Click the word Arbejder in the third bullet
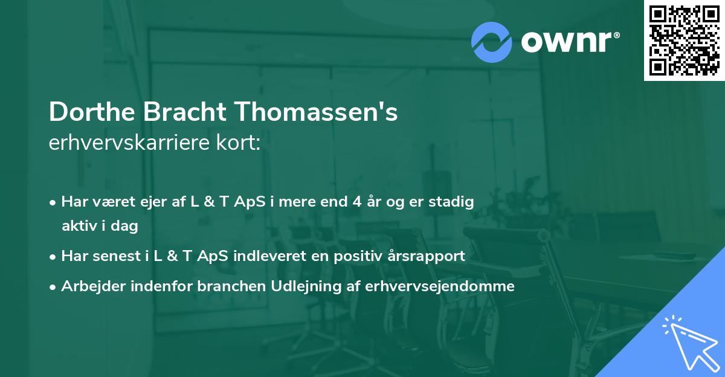[x=89, y=286]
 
